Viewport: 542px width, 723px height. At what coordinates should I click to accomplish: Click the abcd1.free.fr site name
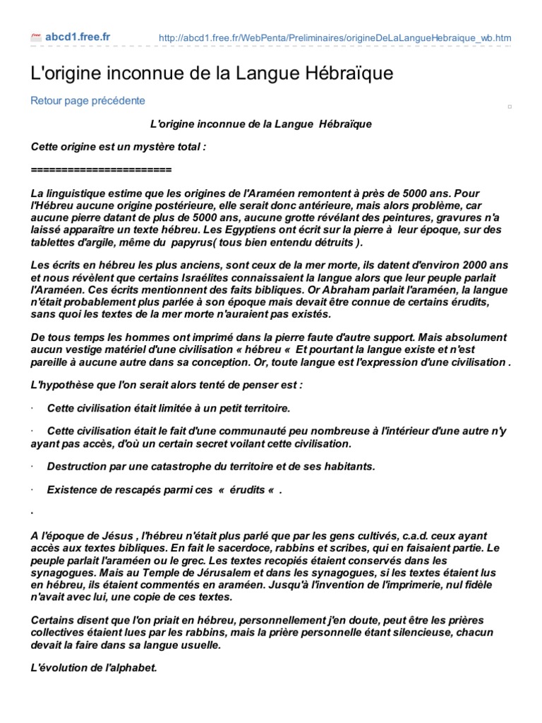click(x=78, y=37)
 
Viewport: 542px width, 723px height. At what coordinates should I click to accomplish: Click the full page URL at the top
click(x=336, y=38)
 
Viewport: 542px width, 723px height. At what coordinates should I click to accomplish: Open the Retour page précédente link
click(x=88, y=100)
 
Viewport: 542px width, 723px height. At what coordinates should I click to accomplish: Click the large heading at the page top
click(x=212, y=73)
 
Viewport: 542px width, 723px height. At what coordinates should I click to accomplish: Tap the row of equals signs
click(x=102, y=170)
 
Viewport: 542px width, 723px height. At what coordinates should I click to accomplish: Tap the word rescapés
click(x=124, y=491)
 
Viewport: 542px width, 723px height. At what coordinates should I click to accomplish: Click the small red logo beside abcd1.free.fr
click(x=36, y=37)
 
